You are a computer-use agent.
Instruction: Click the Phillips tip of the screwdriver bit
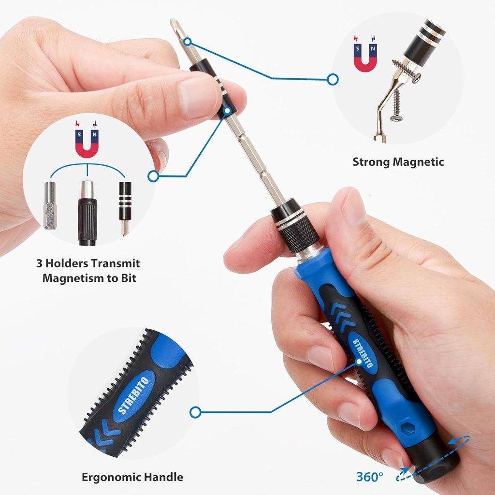pos(175,26)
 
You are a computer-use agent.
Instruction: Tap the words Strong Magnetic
pos(398,162)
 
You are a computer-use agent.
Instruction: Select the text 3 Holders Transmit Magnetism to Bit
pos(87,271)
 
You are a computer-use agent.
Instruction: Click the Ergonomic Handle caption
pos(132,477)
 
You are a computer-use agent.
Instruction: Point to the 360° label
pos(369,476)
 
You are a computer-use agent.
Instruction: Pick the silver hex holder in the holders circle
pos(50,205)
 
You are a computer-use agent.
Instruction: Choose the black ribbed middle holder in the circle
pos(87,213)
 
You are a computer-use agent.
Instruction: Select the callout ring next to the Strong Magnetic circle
pos(333,79)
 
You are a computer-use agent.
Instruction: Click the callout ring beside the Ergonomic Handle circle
pos(195,412)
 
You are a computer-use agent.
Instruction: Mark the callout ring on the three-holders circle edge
pos(153,176)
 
